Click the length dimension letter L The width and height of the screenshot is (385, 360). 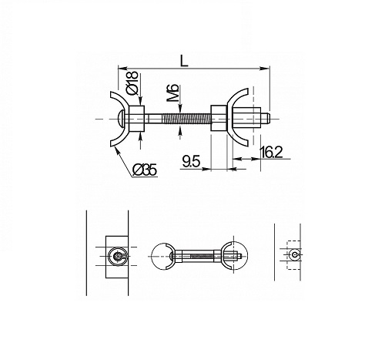coord(183,61)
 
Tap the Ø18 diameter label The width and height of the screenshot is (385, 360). coord(132,82)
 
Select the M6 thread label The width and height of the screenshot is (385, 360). coord(174,93)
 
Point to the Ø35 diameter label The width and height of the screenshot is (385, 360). coord(145,170)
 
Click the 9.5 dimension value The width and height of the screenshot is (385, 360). coord(191,162)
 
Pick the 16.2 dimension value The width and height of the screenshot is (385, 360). coord(271,153)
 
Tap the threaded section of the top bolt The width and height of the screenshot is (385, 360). coord(186,119)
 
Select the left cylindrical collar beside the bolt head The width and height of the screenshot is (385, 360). coord(136,119)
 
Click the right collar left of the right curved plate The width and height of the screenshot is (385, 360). coord(219,119)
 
